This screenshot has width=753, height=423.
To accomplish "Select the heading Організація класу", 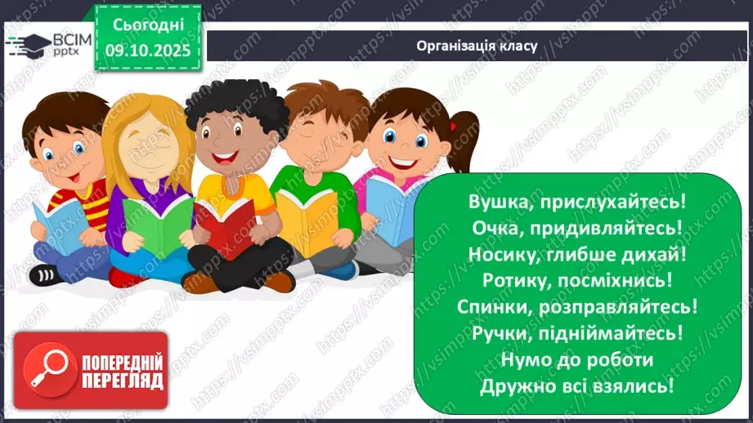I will [x=477, y=45].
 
